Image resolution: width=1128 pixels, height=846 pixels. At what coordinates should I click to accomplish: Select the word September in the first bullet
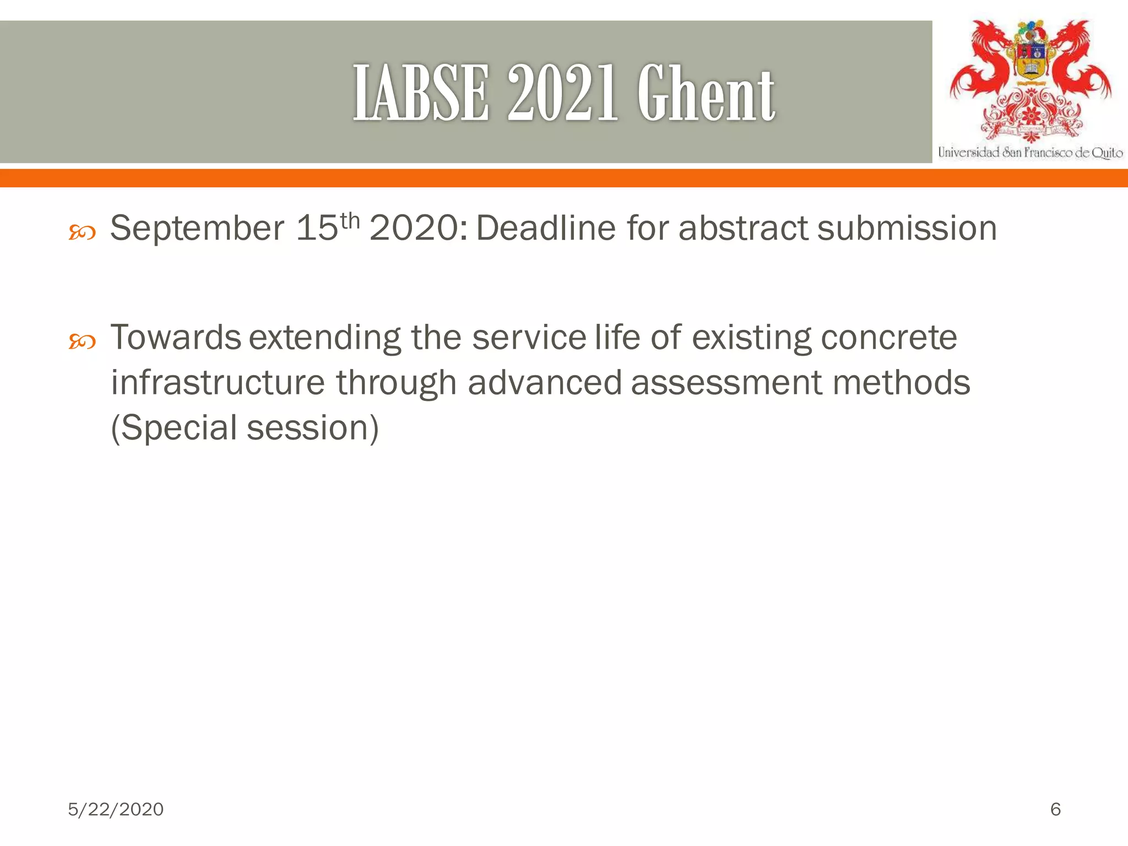197,229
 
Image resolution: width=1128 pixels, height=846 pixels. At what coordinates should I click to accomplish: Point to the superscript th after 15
350,221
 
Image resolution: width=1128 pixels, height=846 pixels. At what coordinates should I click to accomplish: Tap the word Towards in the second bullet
176,338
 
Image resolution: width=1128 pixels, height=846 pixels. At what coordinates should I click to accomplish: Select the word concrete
888,338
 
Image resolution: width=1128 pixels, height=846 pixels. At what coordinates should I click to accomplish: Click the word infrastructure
218,383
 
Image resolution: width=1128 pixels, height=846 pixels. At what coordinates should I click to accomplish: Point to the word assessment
726,383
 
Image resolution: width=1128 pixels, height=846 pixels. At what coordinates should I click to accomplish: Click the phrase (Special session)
245,428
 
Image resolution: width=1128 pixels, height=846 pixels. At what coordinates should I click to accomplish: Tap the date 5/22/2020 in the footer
116,809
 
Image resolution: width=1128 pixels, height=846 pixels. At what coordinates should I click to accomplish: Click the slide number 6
1055,809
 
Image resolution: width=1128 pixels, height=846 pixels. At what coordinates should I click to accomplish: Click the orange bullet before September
82,233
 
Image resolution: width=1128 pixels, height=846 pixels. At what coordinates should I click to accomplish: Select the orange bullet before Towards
82,342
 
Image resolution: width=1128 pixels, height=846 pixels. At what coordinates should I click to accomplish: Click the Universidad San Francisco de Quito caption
1030,153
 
